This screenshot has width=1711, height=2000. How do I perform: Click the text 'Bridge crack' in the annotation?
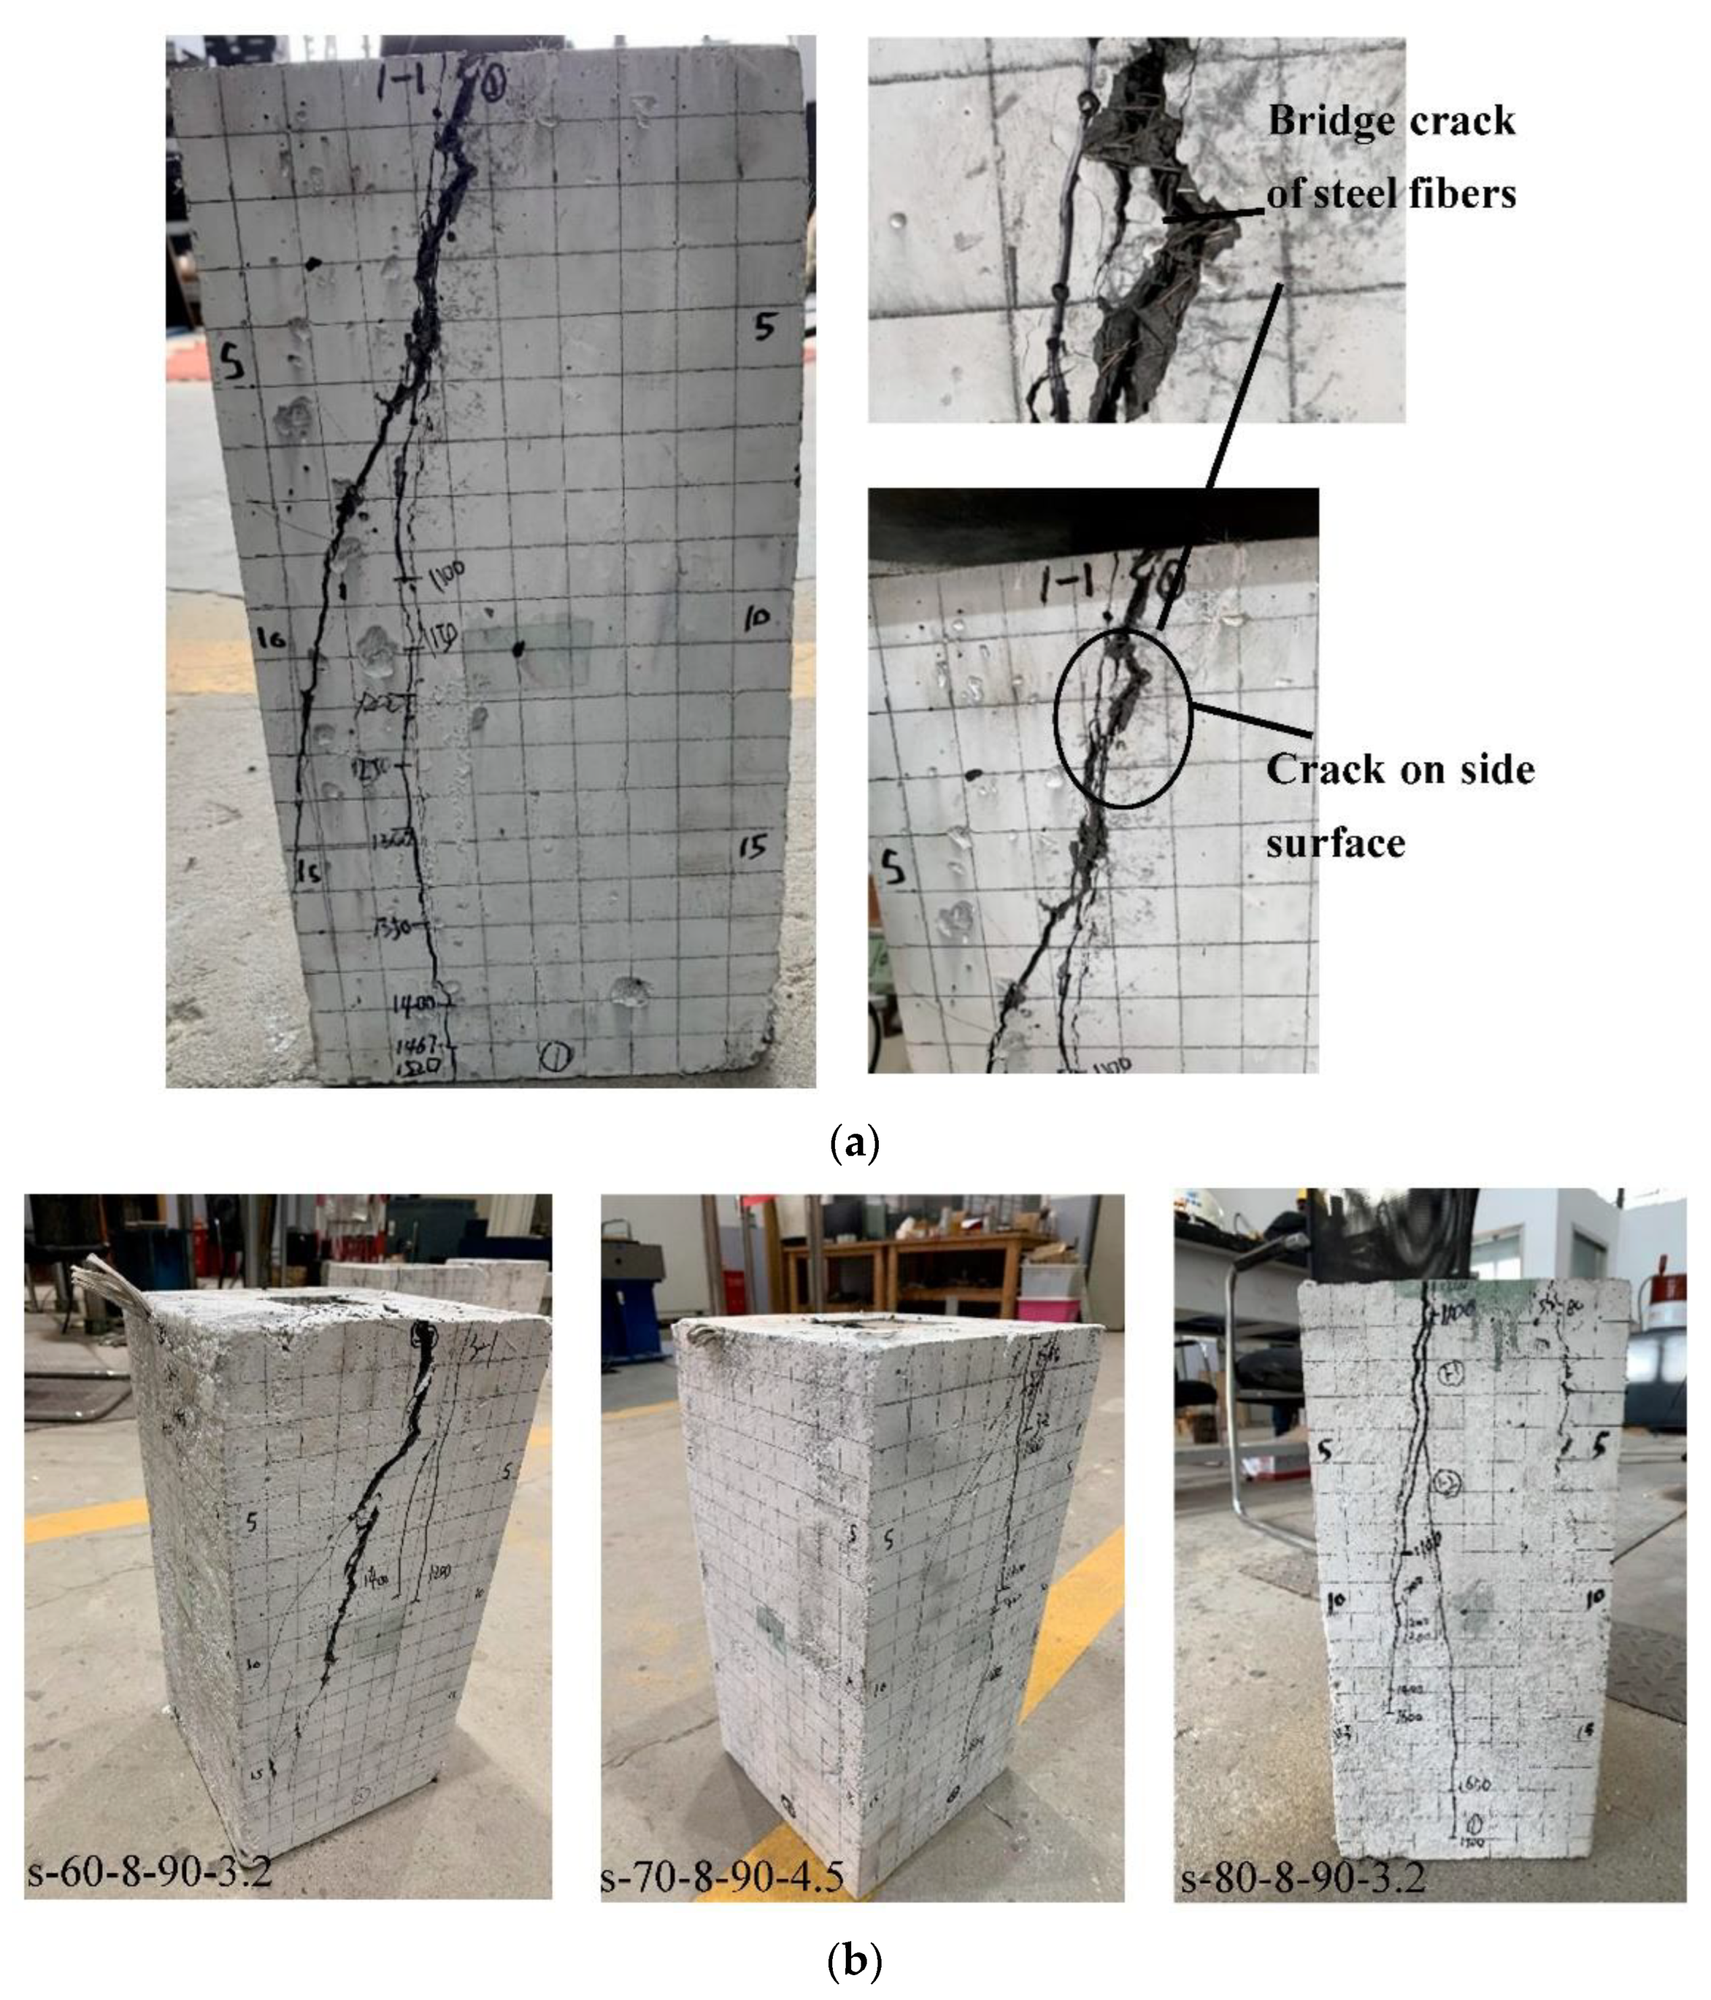[x=1391, y=121]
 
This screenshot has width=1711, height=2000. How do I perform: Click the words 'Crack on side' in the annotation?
[x=1399, y=769]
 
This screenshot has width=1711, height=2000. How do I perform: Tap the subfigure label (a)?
[x=854, y=1144]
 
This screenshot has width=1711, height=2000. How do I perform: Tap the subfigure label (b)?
[x=854, y=1960]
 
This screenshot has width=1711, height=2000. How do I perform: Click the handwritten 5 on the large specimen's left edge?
[x=232, y=364]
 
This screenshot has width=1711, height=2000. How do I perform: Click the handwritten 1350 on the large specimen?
[x=396, y=927]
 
